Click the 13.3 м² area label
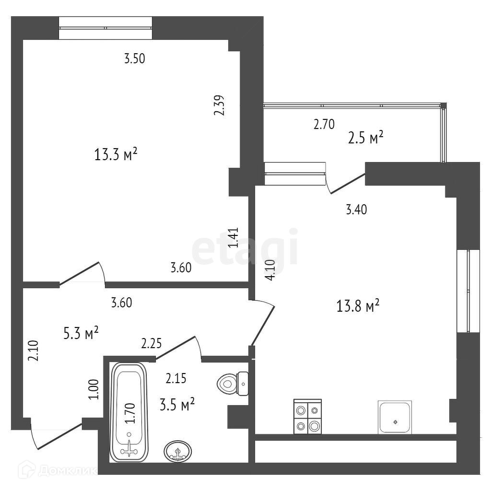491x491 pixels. point(117,155)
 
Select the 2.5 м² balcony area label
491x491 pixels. point(365,138)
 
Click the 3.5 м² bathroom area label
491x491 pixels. point(176,405)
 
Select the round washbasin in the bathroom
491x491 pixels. point(178,451)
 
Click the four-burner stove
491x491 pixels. point(307,417)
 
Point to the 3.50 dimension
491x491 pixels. point(134,59)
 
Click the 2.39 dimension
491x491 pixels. point(220,105)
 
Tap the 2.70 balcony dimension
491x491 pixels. point(324,125)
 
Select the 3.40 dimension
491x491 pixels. point(356,209)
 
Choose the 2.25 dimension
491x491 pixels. point(151,343)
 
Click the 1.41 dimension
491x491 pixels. point(233,238)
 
